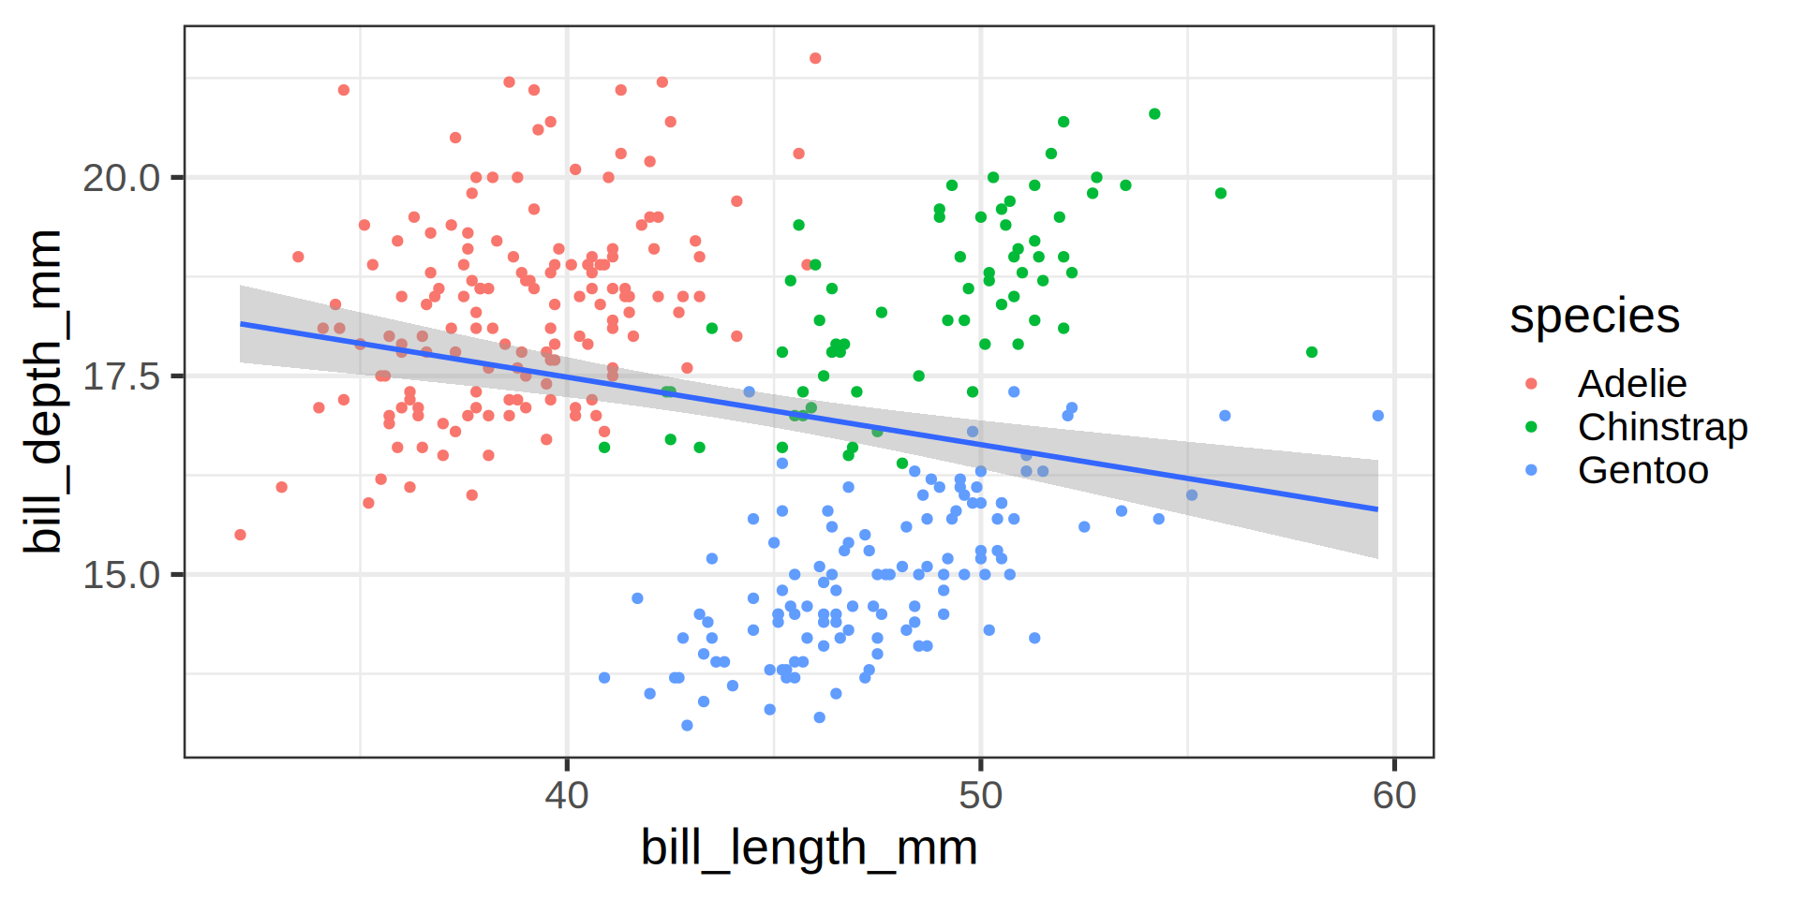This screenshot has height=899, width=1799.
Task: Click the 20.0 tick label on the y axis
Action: click(x=121, y=178)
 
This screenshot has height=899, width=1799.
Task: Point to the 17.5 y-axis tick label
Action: click(x=121, y=376)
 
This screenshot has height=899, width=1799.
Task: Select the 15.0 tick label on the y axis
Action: click(x=121, y=575)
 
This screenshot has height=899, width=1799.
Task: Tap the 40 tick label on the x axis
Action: click(x=567, y=796)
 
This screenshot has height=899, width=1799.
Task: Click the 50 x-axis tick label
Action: click(x=980, y=796)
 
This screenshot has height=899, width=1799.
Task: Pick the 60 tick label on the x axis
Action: click(x=1394, y=796)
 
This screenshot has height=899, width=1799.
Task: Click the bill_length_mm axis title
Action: click(x=809, y=847)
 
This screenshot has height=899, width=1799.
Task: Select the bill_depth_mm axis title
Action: click(x=44, y=391)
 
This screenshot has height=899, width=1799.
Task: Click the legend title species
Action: click(x=1594, y=317)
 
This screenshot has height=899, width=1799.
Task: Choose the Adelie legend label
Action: click(x=1631, y=384)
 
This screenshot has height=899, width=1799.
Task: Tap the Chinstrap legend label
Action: click(x=1662, y=427)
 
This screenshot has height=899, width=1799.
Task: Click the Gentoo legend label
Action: click(x=1643, y=470)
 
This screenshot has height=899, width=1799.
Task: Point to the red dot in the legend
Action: click(x=1532, y=384)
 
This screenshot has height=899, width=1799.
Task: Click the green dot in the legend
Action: click(x=1532, y=427)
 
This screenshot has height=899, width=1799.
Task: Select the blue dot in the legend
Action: click(x=1532, y=470)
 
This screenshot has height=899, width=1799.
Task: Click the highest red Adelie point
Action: click(x=815, y=58)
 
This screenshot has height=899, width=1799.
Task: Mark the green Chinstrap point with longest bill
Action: click(x=1312, y=352)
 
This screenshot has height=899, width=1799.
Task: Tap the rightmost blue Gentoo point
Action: click(x=1377, y=416)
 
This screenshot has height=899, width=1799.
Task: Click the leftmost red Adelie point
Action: click(x=241, y=535)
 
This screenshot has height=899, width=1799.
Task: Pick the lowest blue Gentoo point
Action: click(x=687, y=726)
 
